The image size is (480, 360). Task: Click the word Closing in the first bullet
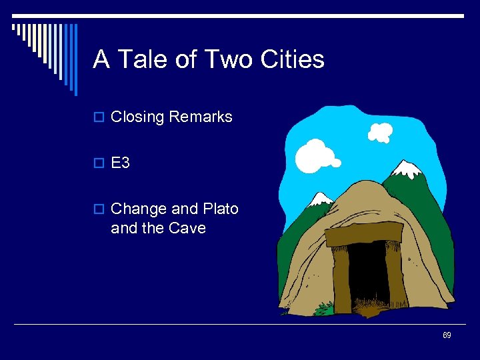point(137,117)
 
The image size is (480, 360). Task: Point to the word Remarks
point(200,117)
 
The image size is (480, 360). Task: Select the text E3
point(120,163)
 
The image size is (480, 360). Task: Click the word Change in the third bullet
point(139,209)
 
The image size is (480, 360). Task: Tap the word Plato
point(220,209)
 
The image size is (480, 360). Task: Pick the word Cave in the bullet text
point(187,228)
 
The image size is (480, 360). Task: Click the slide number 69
point(447,335)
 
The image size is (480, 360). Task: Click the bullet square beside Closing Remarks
point(99,118)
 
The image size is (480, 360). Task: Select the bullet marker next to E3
point(99,163)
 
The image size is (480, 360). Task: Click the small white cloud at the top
point(380,132)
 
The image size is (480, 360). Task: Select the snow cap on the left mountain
point(321,198)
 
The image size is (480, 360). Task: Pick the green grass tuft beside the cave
point(325,308)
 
